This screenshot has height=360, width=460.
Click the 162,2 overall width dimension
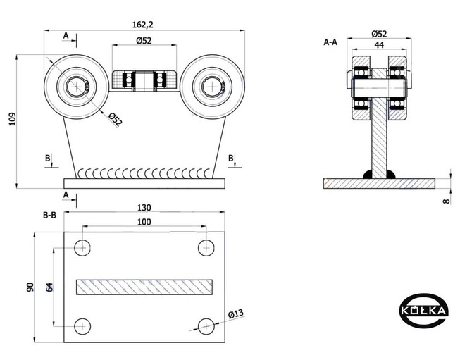pyautogui.click(x=143, y=25)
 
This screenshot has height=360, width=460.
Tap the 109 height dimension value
pyautogui.click(x=12, y=119)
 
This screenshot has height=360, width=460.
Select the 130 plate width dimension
pyautogui.click(x=144, y=208)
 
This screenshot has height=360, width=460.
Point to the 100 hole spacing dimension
pyautogui.click(x=144, y=222)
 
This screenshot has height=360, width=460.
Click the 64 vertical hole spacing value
pyautogui.click(x=49, y=287)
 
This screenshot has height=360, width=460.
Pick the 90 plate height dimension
pyautogui.click(x=30, y=287)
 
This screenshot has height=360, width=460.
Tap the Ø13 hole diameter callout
pyautogui.click(x=236, y=314)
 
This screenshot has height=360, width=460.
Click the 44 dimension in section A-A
pyautogui.click(x=379, y=45)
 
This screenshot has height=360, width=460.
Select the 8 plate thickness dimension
pyautogui.click(x=447, y=201)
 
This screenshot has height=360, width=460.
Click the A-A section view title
pyautogui.click(x=330, y=42)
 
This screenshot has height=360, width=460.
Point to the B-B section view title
pyautogui.click(x=49, y=215)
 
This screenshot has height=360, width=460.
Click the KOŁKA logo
pyautogui.click(x=424, y=310)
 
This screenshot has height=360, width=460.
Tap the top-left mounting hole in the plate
pyautogui.click(x=82, y=248)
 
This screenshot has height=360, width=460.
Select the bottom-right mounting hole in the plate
pyautogui.click(x=206, y=326)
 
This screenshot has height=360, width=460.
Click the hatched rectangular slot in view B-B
pyautogui.click(x=144, y=287)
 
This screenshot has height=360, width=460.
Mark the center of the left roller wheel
pyautogui.click(x=77, y=87)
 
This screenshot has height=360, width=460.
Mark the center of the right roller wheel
pyautogui.click(x=212, y=87)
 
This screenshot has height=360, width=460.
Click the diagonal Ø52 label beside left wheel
pyautogui.click(x=115, y=120)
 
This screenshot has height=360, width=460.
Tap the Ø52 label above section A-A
pyautogui.click(x=379, y=34)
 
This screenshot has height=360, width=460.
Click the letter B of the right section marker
pyautogui.click(x=231, y=158)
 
